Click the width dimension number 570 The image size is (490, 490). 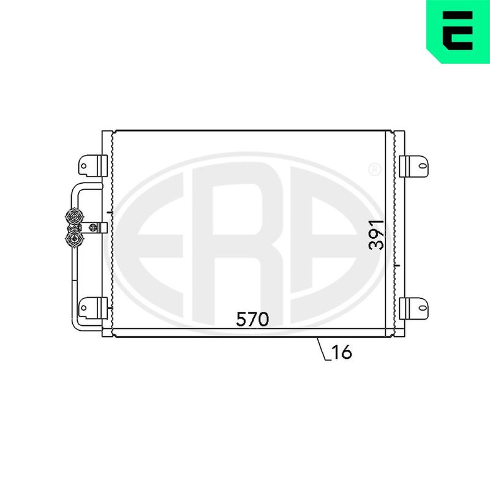click(x=252, y=319)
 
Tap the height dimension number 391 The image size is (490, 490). click(x=376, y=235)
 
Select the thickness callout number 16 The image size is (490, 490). click(x=342, y=352)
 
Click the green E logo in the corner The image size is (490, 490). click(x=458, y=31)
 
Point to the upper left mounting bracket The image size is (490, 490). click(x=92, y=165)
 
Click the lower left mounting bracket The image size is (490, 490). click(x=92, y=308)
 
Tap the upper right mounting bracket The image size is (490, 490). click(x=414, y=165)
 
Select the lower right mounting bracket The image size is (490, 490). click(x=414, y=308)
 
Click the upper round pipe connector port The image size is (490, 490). click(x=75, y=216)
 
